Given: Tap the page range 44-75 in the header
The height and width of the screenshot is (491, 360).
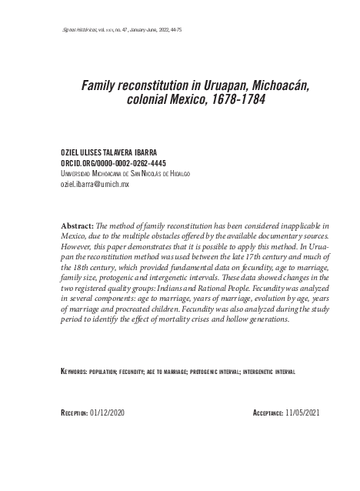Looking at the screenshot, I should (173, 29).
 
